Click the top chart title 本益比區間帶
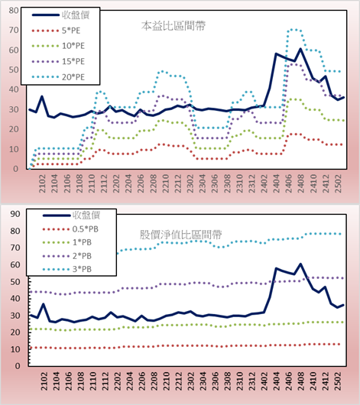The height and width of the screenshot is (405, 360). tap(174, 26)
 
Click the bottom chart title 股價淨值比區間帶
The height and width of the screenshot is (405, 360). tap(180, 235)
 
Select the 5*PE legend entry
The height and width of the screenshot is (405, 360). tap(56, 31)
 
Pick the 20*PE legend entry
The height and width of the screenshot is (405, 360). tap(58, 77)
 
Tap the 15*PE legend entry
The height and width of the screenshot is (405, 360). tap(58, 61)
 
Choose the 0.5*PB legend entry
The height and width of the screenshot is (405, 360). tap(70, 229)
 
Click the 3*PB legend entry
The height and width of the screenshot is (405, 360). tap(67, 269)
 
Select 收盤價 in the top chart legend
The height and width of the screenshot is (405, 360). tap(60, 15)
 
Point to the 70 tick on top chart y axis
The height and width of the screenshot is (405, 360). tap(14, 30)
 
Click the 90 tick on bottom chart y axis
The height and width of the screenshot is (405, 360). tap(15, 214)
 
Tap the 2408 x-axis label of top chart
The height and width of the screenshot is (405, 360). tap(301, 183)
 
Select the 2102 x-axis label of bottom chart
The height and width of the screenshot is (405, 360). tap(44, 381)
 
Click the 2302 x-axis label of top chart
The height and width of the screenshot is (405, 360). tap(190, 183)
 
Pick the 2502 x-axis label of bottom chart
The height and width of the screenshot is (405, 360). tap(338, 381)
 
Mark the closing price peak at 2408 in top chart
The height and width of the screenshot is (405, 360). tap(300, 49)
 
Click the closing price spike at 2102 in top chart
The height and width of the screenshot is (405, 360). tap(42, 96)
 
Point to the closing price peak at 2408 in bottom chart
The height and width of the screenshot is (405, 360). tap(300, 264)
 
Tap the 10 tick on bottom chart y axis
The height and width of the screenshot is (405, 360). tap(15, 349)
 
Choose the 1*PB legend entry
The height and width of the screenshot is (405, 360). tap(67, 242)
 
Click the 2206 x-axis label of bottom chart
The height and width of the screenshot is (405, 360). tap(142, 381)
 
